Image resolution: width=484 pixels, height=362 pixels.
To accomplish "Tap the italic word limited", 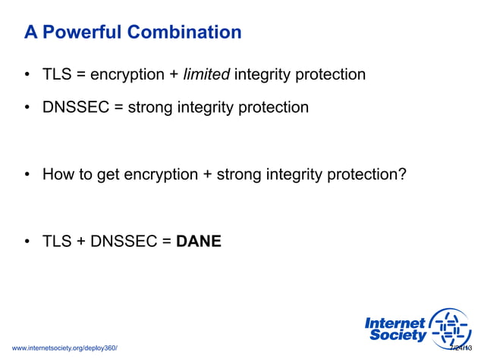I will pos(206,74).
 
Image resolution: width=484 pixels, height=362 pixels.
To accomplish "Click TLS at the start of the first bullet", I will pos(57,74).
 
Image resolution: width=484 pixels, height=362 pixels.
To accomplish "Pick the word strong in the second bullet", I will pos(150,107).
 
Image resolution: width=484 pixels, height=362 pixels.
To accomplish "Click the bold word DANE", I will pos(199,242).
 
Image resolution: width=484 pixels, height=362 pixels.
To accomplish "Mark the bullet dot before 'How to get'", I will pos(27,176).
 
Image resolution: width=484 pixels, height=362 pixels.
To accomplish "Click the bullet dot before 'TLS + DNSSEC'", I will pos(27,243).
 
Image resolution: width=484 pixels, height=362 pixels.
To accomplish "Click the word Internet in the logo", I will pos(394,323).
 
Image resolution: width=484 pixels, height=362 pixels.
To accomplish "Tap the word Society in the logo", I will pos(398,335).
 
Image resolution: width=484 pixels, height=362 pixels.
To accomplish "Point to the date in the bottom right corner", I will pos(460,348).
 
